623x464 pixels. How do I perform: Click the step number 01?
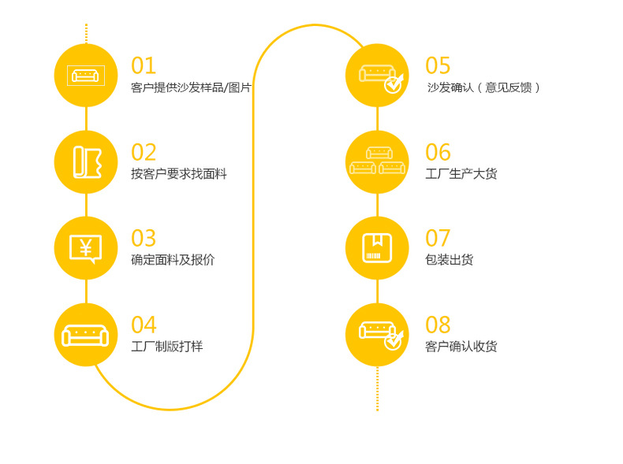144,65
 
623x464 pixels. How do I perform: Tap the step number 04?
144,325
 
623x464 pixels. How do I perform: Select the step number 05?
438,65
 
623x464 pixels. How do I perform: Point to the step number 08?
438,325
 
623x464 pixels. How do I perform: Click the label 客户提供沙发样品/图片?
191,87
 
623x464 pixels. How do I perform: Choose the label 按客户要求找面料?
178,174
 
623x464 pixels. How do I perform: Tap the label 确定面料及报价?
173,260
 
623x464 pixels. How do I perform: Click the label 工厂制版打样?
166,347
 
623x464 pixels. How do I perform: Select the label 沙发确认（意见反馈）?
483,87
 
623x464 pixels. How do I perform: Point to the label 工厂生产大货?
461,174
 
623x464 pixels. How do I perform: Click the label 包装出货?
449,260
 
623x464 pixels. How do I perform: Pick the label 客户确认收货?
461,347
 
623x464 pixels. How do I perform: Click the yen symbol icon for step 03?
85,248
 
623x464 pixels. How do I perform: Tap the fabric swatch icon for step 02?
87,162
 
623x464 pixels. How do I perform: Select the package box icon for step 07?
377,248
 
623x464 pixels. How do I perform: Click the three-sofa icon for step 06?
377,160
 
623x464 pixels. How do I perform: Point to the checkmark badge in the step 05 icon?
394,84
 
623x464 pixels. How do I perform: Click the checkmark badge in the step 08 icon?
394,341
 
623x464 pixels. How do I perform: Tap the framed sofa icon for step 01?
85,76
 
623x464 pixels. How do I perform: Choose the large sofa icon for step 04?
85,336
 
